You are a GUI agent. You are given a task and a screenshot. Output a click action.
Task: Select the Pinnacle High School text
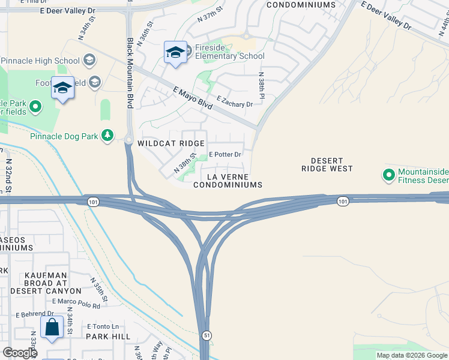pos(41,61)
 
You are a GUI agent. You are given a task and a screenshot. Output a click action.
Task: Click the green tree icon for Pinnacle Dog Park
pos(107,136)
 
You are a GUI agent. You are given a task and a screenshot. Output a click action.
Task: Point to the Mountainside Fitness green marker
pos(388,175)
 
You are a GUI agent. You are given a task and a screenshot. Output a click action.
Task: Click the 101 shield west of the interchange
pos(91,200)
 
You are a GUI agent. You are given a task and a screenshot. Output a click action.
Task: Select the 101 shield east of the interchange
pos(342,200)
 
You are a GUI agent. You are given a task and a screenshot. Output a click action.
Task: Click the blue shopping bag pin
pos(52,328)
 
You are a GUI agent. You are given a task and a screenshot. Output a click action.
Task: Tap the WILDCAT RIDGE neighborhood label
pos(171,144)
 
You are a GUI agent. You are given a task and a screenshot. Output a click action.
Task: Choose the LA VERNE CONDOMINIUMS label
pos(228,181)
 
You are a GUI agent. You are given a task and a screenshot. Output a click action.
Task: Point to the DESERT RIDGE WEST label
pos(327,165)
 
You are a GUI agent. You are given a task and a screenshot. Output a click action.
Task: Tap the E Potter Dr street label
pos(224,154)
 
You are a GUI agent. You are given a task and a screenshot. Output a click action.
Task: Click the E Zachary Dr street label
pos(235,104)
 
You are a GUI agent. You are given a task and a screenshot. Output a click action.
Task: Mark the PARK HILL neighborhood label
pos(108,337)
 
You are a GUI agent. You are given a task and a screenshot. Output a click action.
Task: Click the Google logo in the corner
pos(20,353)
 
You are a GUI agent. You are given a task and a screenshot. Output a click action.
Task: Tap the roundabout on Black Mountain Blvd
pos(128,140)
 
